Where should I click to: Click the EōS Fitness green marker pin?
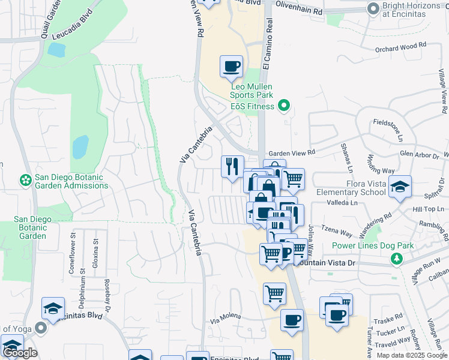coord(285,106)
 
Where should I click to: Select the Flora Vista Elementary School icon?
coord(400,187)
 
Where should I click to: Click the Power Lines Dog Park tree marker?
coord(396,259)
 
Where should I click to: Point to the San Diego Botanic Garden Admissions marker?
coord(25,179)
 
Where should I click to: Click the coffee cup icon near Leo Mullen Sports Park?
coord(231,67)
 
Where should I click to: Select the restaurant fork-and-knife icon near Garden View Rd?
coord(232,166)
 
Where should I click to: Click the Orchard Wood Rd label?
coord(400,46)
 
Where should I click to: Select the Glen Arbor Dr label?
coord(418,154)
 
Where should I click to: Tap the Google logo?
coord(20,353)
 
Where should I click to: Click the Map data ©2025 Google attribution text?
coord(411,355)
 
